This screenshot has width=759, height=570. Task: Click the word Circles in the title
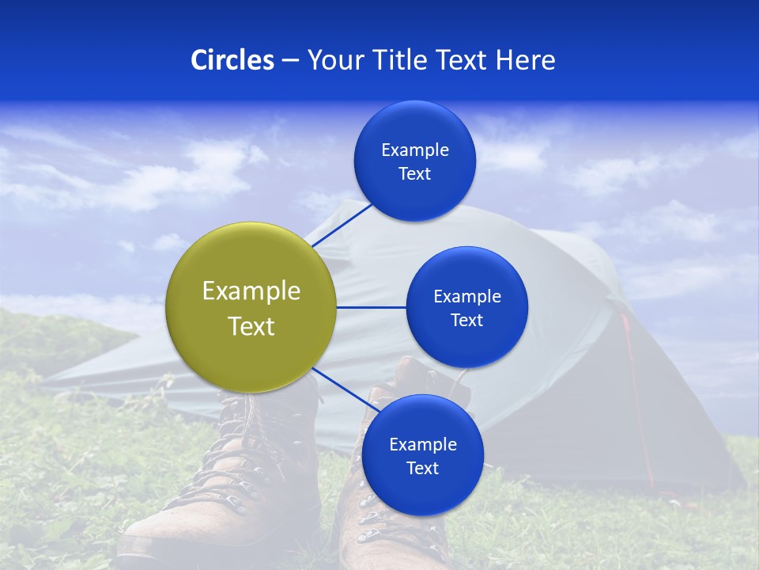pos(232,60)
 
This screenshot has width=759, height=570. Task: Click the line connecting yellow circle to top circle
pos(342,225)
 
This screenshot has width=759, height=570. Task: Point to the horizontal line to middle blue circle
pos(371,307)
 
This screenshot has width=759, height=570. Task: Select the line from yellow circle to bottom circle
pos(346,390)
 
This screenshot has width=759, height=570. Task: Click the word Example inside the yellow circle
pos(251,291)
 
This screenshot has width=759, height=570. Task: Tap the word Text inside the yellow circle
pos(251,326)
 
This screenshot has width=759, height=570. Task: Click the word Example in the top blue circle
pos(415,150)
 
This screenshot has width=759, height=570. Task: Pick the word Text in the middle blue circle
pos(467,320)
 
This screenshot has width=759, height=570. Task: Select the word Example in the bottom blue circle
pos(423,444)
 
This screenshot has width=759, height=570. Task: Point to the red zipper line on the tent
pos(636,396)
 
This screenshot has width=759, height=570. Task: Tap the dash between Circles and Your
pos(290,60)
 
